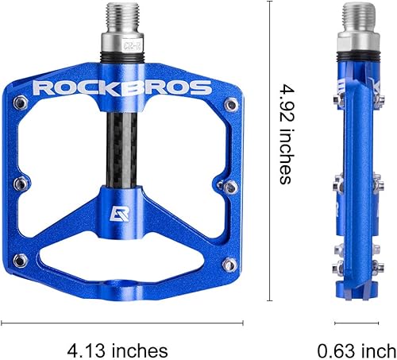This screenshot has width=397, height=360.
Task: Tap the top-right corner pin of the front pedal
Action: pyautogui.click(x=230, y=103)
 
